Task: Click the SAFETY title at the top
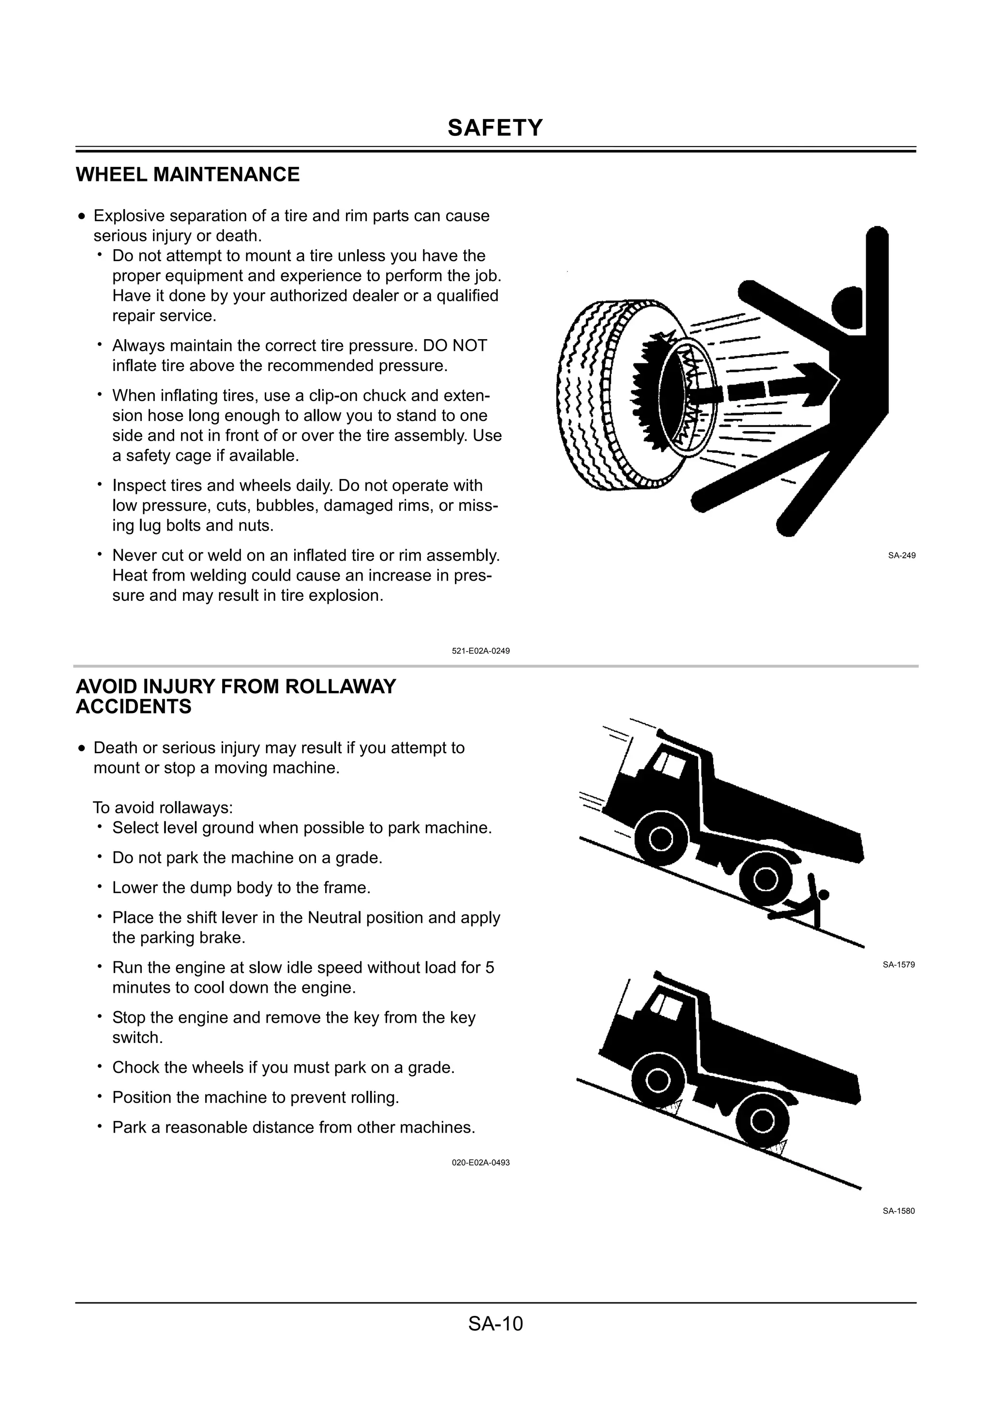coord(495,128)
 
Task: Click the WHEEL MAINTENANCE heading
coord(187,175)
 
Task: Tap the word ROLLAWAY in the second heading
coord(340,686)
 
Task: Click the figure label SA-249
coord(901,556)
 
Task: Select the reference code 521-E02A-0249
coord(480,651)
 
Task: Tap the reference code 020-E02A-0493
coord(480,1163)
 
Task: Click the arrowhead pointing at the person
coord(818,384)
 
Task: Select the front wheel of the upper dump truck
coord(660,838)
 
